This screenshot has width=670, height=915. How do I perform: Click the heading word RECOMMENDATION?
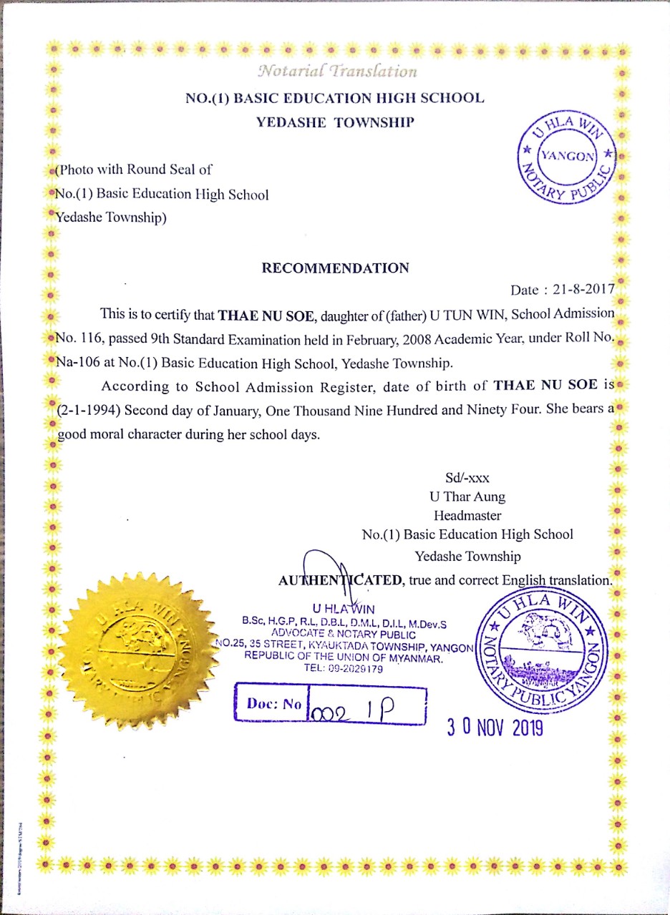336,268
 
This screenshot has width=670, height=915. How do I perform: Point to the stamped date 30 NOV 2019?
495,728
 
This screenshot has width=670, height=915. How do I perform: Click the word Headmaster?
467,515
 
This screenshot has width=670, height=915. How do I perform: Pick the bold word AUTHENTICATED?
341,580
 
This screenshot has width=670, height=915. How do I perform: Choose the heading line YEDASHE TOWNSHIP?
335,122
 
